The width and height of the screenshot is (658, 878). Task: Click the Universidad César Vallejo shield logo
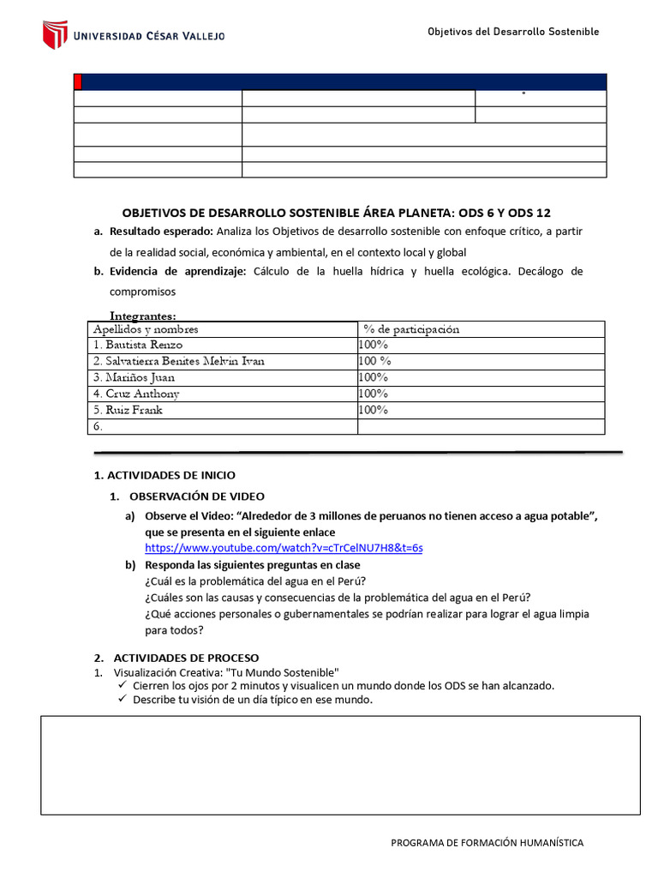tap(55, 34)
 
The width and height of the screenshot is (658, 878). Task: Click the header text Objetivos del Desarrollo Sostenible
tap(513, 32)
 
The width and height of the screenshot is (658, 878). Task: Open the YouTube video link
tap(284, 547)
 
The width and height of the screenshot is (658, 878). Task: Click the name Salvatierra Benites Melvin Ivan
tap(179, 361)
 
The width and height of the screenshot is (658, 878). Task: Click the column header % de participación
tap(411, 329)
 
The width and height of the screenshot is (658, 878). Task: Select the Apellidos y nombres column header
tap(146, 329)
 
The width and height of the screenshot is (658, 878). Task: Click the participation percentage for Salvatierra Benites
tap(375, 361)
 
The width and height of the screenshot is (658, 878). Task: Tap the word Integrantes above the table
tap(143, 316)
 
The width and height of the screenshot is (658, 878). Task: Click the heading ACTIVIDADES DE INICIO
tap(164, 475)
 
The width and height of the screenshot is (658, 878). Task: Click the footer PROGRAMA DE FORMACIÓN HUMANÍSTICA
tap(487, 843)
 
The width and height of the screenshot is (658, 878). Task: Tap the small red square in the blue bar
tap(78, 81)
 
